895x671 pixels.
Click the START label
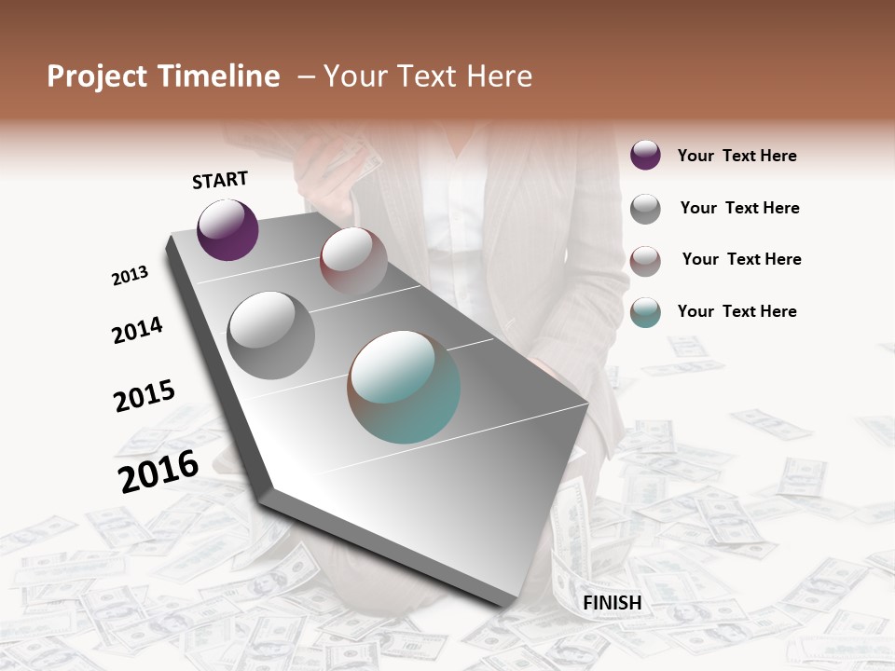[x=220, y=180]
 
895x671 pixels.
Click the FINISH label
[x=612, y=603]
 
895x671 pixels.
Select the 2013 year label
[x=131, y=276]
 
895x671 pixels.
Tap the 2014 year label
[x=138, y=330]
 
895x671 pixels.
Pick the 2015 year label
[x=145, y=395]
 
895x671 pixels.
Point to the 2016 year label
[x=159, y=471]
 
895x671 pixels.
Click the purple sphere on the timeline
[x=227, y=229]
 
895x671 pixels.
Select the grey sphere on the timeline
[x=271, y=335]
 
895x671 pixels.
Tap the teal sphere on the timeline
[x=404, y=387]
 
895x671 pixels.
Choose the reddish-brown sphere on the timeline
[x=353, y=261]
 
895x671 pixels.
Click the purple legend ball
[x=645, y=155]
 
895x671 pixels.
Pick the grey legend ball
[x=645, y=209]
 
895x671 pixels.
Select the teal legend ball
[x=645, y=312]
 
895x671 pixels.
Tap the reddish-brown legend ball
[x=645, y=260]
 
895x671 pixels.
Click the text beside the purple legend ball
[x=737, y=156]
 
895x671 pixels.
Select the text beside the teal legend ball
[x=737, y=311]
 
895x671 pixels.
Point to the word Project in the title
[x=97, y=76]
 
